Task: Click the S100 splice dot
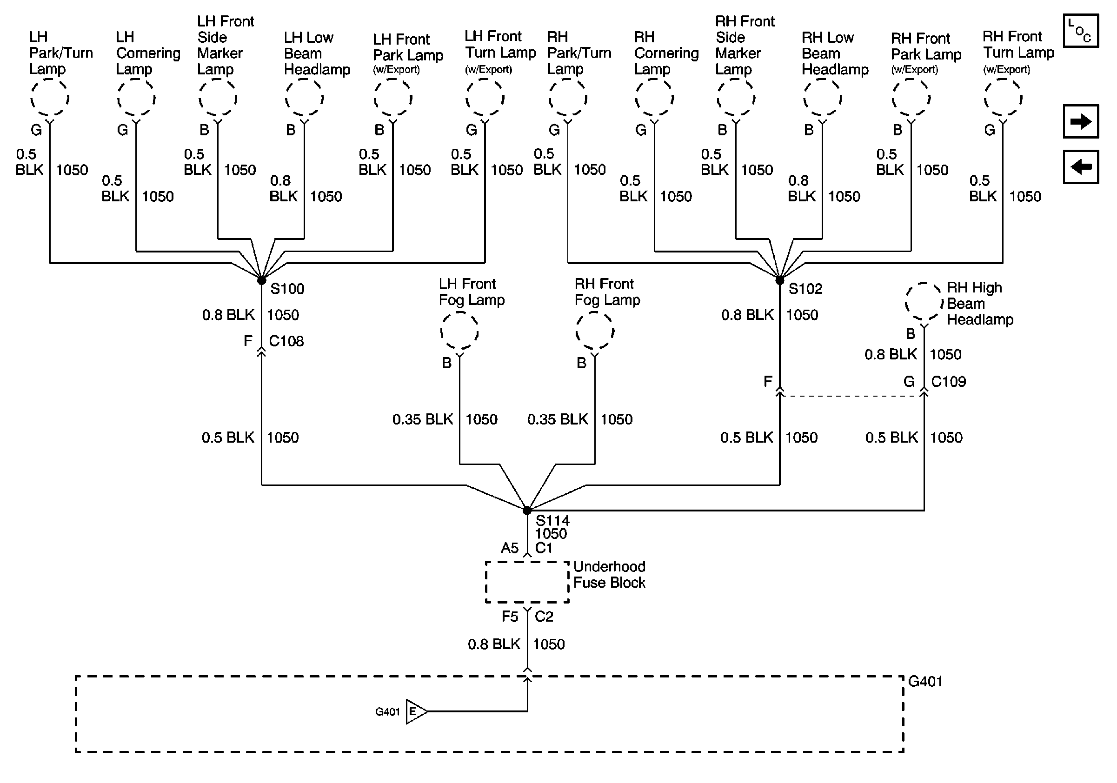click(x=262, y=281)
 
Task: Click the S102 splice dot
click(x=780, y=281)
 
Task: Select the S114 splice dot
click(x=527, y=511)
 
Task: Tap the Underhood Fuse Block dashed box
click(x=527, y=582)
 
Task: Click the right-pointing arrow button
click(x=1081, y=121)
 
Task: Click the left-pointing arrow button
click(x=1081, y=167)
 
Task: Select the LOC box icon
click(x=1081, y=31)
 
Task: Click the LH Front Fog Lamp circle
click(x=459, y=331)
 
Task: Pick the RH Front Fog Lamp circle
click(x=594, y=331)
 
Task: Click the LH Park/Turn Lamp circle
click(x=50, y=98)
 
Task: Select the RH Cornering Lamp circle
click(x=654, y=98)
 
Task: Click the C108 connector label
click(x=286, y=341)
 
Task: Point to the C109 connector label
click(x=948, y=382)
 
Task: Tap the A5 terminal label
click(x=510, y=549)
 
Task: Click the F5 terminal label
click(x=510, y=617)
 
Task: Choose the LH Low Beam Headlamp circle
click(x=304, y=98)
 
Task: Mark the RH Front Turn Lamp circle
click(x=1003, y=98)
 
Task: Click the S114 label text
click(x=552, y=521)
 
